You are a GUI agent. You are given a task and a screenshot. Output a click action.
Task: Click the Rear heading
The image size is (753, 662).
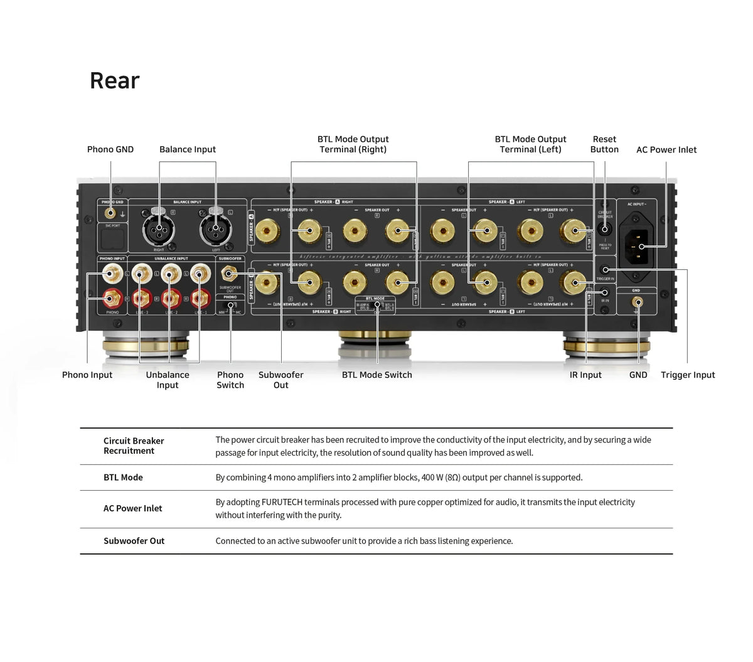coord(114,80)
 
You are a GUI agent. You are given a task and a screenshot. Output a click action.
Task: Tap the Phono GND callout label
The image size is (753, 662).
coord(110,149)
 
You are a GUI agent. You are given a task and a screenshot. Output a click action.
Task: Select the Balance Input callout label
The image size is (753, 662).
coord(187,149)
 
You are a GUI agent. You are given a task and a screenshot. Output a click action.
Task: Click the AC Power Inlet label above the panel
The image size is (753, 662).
coord(666,149)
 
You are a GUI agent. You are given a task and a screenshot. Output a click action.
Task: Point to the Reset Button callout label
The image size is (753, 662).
coord(604,144)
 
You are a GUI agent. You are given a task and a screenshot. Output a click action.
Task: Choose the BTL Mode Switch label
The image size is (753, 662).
coord(376,375)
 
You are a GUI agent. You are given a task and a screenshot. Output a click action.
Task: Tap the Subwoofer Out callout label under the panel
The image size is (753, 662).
coord(280,380)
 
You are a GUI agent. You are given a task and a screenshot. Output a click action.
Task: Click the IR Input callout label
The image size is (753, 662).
coord(585,375)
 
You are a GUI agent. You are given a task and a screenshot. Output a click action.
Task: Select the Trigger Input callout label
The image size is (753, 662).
coord(688,375)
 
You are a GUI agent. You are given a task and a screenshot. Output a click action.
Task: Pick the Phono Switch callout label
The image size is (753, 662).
coord(230,380)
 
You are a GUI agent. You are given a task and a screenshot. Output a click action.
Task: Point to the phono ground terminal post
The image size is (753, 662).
coord(110,213)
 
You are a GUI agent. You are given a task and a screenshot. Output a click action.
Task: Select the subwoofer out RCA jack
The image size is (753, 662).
coord(230,274)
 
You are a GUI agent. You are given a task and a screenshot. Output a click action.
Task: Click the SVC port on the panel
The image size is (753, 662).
coord(112,238)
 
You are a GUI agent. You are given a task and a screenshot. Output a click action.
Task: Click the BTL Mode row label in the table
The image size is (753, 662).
coord(123,478)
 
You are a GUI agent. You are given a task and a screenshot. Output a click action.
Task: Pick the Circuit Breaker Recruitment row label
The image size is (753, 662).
coord(134,446)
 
